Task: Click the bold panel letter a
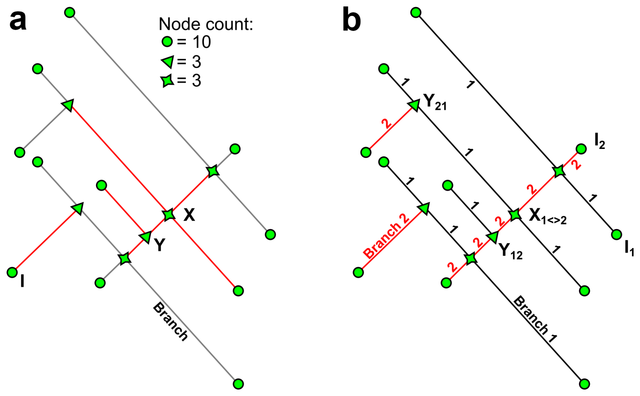(x=18, y=21)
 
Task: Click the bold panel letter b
(x=351, y=21)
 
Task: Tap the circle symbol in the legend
(x=167, y=42)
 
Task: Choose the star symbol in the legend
(x=167, y=81)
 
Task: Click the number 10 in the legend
(x=202, y=42)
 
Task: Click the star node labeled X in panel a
(x=168, y=215)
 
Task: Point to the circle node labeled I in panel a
(x=12, y=272)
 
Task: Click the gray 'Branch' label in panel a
(x=170, y=322)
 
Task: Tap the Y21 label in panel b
(x=435, y=102)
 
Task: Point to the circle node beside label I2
(x=581, y=149)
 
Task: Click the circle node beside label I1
(x=617, y=234)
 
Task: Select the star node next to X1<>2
(x=515, y=215)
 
